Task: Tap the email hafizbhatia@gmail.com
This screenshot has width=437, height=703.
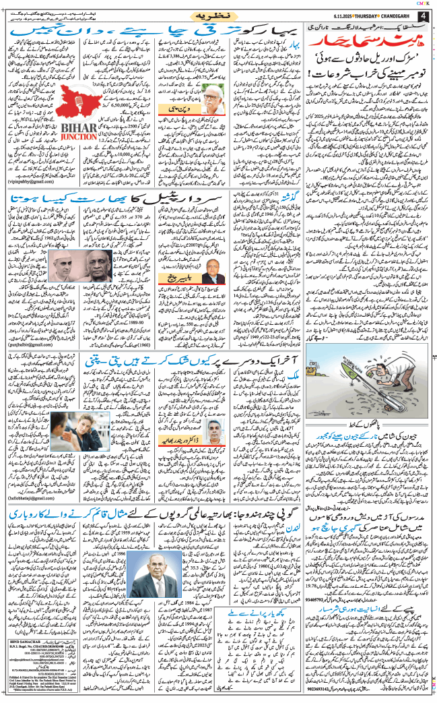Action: pyautogui.click(x=33, y=498)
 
